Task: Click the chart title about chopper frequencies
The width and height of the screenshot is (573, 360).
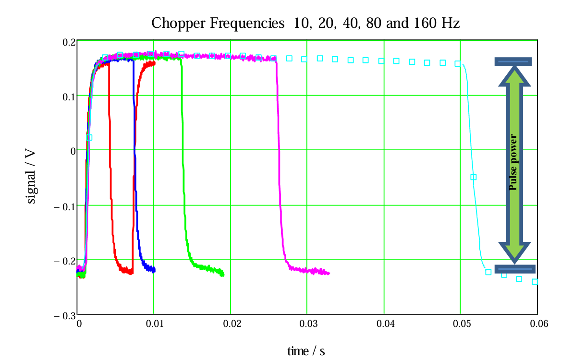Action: [x=305, y=23]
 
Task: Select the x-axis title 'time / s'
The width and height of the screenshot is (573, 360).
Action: [x=306, y=351]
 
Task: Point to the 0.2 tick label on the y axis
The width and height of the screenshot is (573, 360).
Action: [x=70, y=42]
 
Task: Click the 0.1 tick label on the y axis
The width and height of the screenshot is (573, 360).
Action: [x=70, y=96]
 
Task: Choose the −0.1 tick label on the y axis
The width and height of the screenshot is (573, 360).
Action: [x=65, y=206]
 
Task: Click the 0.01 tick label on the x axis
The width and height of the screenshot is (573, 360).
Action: [x=154, y=324]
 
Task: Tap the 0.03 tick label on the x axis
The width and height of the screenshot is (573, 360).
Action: [x=307, y=324]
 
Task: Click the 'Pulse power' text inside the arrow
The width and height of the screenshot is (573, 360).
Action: [x=514, y=162]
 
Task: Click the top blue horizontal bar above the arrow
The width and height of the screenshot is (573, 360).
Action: [x=513, y=61]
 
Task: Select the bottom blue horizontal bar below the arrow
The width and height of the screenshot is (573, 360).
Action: [x=514, y=269]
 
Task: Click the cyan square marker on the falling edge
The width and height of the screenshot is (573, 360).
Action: [x=473, y=177]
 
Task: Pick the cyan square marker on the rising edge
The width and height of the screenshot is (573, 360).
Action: [x=89, y=137]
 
